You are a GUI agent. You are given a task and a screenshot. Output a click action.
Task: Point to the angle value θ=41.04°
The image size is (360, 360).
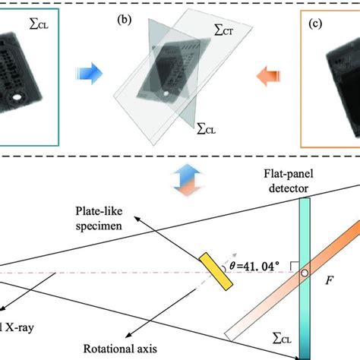click(256, 265)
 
